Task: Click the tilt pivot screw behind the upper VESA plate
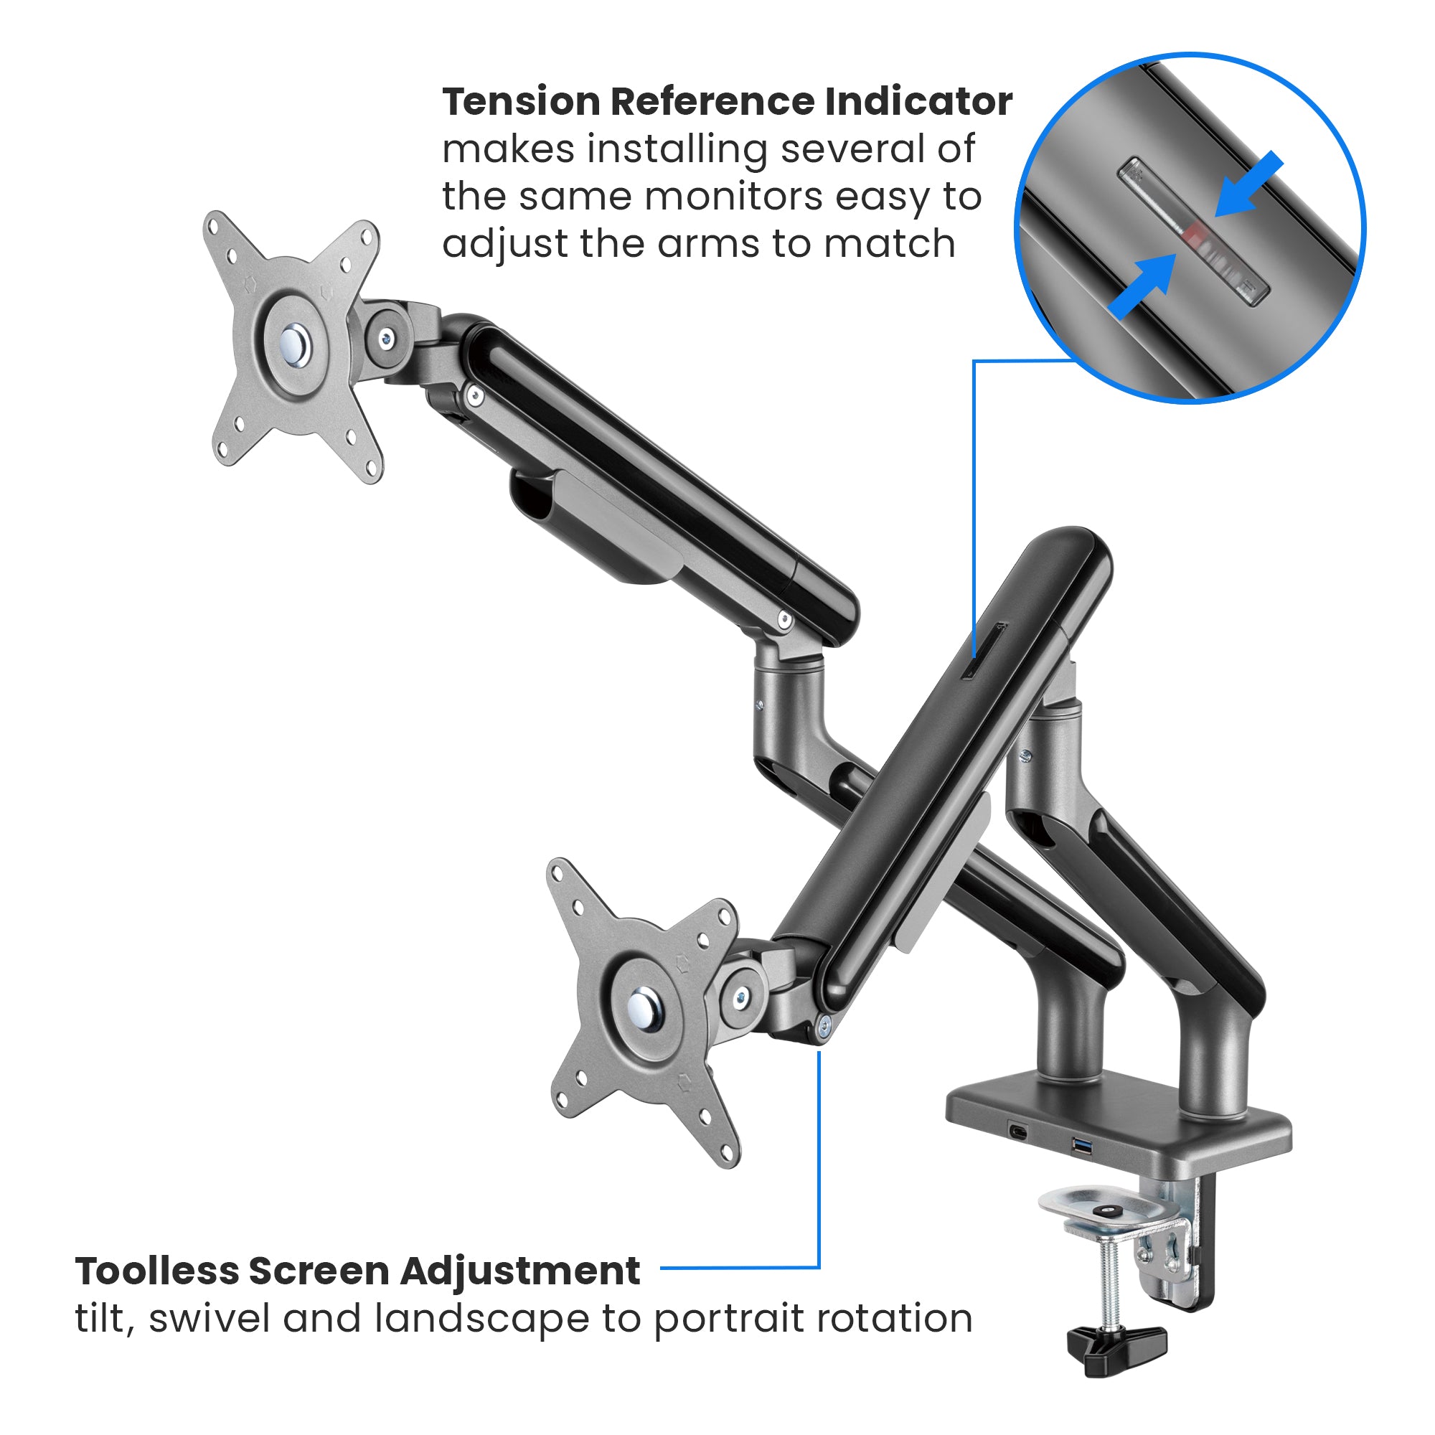coord(385,339)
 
